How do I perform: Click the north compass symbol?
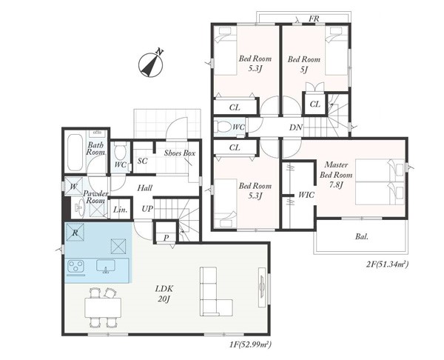point(151,64)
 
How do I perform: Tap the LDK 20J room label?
point(164,293)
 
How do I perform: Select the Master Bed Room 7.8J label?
point(336,175)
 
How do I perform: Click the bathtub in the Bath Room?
point(75,152)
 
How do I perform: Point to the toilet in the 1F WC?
point(121,152)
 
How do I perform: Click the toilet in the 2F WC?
point(223,127)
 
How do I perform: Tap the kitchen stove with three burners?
point(75,266)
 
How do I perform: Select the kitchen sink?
point(106,266)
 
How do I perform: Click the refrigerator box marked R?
point(75,233)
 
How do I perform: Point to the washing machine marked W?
point(73,187)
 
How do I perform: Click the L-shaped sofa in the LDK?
point(216,291)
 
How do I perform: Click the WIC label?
point(306,195)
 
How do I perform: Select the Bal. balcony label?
point(362,236)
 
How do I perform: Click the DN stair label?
point(296,127)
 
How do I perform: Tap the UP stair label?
point(147,209)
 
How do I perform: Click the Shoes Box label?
point(180,153)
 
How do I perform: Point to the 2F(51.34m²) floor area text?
point(386,264)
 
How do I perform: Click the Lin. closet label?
point(121,210)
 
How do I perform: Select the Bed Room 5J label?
point(304,64)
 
